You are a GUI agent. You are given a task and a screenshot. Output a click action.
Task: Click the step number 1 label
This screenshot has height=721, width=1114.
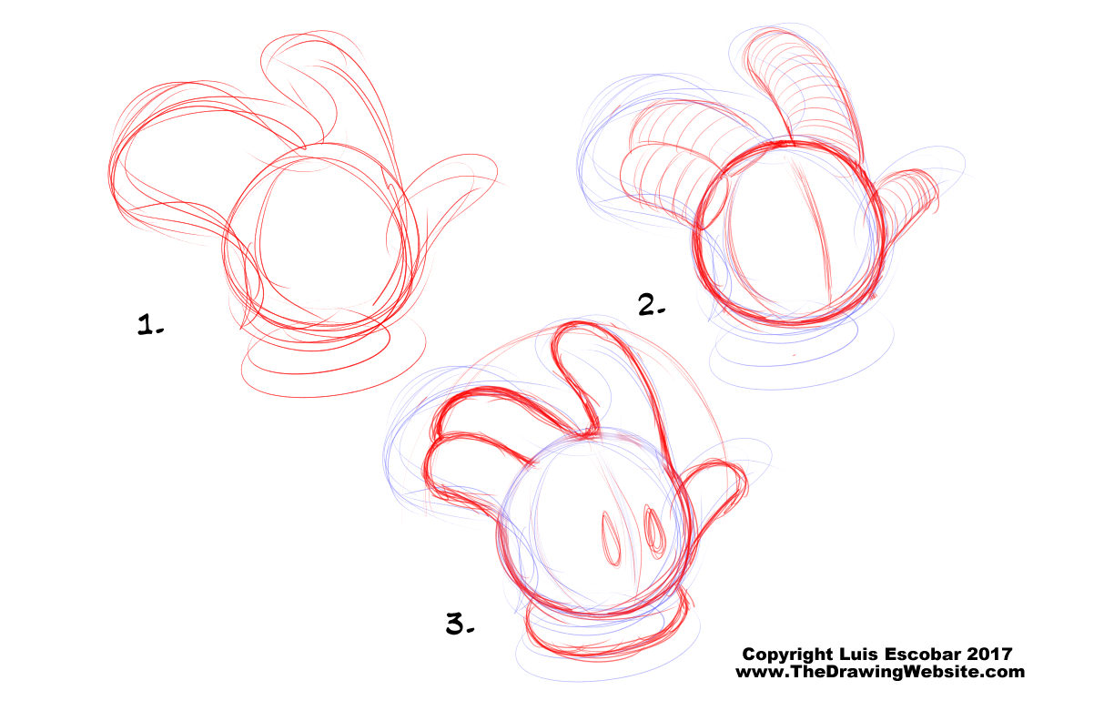[150, 324]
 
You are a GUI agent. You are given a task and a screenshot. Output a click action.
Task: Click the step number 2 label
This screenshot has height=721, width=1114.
[652, 305]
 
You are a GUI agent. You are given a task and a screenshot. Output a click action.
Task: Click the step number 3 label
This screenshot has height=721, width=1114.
[460, 624]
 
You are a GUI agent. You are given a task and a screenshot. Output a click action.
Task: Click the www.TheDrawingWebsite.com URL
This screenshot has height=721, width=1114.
[880, 672]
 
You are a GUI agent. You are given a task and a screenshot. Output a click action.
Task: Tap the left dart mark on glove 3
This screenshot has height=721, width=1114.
[612, 539]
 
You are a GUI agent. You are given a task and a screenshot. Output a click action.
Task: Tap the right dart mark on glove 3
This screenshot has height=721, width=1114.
[654, 532]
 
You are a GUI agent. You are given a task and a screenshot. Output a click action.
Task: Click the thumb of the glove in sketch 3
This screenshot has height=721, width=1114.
[716, 493]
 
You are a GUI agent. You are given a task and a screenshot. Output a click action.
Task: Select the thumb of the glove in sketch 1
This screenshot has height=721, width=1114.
[448, 189]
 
